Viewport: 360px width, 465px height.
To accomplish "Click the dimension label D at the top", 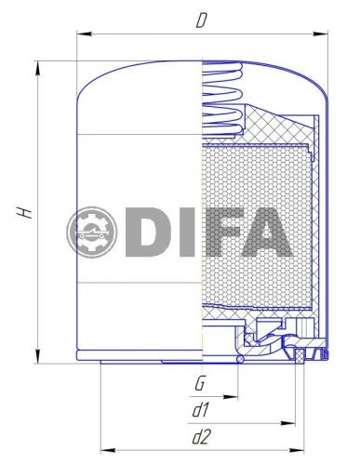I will coord(201,20).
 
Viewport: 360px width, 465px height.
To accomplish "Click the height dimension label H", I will coord(27,212).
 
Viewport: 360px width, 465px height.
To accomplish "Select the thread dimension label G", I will coord(200,383).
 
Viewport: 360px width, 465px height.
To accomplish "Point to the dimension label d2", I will coord(200,435).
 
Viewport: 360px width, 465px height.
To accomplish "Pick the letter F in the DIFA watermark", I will coord(208,233).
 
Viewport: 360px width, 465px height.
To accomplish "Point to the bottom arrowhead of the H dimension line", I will coord(36,360).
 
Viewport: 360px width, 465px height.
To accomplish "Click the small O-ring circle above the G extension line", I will coord(241,356).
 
